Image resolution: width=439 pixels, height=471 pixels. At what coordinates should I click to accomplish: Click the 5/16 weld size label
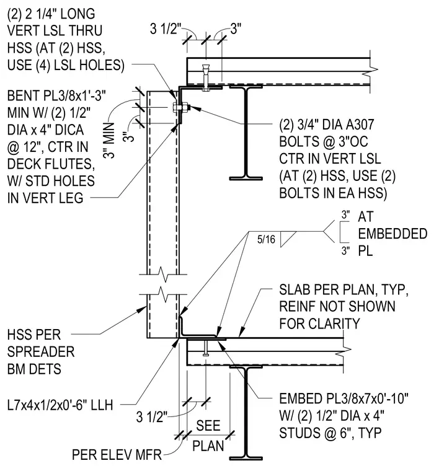pos(266,239)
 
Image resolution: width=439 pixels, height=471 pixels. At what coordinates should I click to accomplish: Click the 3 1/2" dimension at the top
pos(166,29)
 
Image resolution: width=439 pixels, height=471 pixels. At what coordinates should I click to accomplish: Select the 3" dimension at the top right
pos(236,29)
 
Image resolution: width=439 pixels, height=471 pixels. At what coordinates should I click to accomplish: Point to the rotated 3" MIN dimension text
pos(109,140)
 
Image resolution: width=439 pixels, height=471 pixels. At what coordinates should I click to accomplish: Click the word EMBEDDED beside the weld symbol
pos(392,234)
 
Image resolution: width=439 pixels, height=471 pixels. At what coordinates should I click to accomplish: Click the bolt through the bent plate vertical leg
pos(181,107)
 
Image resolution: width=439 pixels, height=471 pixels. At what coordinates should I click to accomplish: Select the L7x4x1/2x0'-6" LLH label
pos(60,405)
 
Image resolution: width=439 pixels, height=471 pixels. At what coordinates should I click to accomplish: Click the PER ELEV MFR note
pos(117,455)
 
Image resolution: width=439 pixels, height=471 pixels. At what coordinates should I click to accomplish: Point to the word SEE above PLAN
pos(208,425)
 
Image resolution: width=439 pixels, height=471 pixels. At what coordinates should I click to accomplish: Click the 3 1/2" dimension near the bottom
pos(151,417)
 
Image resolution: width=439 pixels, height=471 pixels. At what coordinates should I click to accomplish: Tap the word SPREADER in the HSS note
pos(41,352)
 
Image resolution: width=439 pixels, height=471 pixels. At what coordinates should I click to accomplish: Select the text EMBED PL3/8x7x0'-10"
pos(344,398)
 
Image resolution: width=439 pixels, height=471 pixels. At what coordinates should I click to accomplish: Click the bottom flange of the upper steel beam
pos(246,178)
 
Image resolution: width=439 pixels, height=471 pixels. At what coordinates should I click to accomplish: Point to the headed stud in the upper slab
pos(206,78)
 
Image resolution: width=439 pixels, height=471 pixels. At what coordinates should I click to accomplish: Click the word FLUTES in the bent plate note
pos(74,164)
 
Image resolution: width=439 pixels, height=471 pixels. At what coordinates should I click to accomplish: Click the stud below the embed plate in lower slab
pos(206,348)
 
